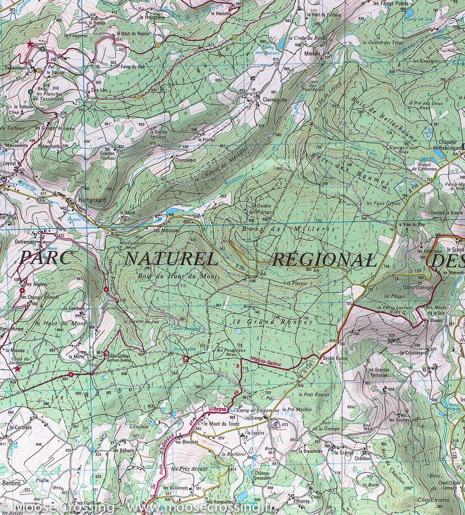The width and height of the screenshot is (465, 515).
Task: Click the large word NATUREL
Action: (170, 259)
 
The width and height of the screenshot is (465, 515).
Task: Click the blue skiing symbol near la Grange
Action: (275, 424)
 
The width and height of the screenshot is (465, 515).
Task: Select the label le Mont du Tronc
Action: (222, 424)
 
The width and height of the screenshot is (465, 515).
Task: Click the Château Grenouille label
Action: (262, 474)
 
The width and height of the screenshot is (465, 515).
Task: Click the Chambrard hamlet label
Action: (185, 160)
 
